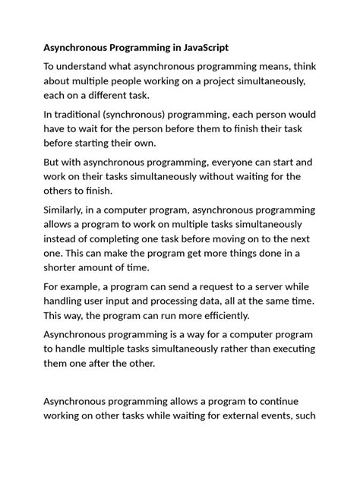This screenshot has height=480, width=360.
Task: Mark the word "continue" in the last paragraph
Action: click(283, 401)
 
